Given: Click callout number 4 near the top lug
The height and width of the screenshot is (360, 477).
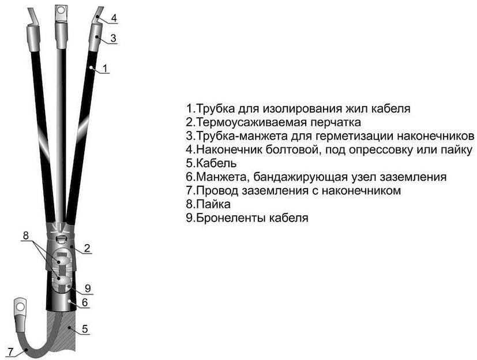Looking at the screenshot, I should coord(114,18).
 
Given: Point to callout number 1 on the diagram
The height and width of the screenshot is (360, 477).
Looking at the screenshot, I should coord(105,69).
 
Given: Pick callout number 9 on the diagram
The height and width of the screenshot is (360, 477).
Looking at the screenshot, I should coord(88,288).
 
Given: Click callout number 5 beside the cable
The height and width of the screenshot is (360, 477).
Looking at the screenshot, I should coord(84,329).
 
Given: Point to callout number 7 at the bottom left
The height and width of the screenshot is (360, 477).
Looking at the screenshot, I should coord(9,351).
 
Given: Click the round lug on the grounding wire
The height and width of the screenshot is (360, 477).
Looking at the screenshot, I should coord(21,303).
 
